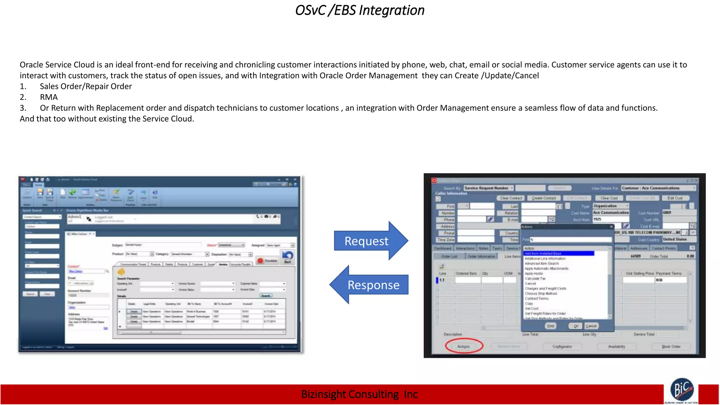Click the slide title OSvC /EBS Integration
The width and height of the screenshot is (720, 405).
[360, 11]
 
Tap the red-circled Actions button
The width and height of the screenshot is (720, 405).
[464, 346]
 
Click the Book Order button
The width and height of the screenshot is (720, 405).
[671, 347]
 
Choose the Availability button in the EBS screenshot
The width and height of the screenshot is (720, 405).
[616, 347]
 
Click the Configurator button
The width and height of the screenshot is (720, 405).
[562, 347]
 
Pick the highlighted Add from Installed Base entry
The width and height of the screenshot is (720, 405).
[558, 253]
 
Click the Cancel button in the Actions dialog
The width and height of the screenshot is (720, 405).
[591, 326]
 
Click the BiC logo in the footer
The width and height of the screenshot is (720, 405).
[682, 390]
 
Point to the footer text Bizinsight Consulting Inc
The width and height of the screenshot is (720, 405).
[359, 394]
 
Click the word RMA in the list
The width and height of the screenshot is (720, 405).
[49, 97]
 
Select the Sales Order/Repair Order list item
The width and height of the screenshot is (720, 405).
[86, 86]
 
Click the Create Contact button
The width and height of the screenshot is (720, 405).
[544, 198]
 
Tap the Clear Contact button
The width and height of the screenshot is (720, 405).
[511, 198]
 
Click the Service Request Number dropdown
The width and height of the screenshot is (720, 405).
[488, 188]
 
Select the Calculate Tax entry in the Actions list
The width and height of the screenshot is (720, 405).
[535, 278]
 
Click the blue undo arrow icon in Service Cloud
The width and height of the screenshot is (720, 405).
[288, 255]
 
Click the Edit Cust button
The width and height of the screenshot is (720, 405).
[675, 198]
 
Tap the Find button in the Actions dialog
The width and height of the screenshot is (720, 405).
[550, 326]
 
